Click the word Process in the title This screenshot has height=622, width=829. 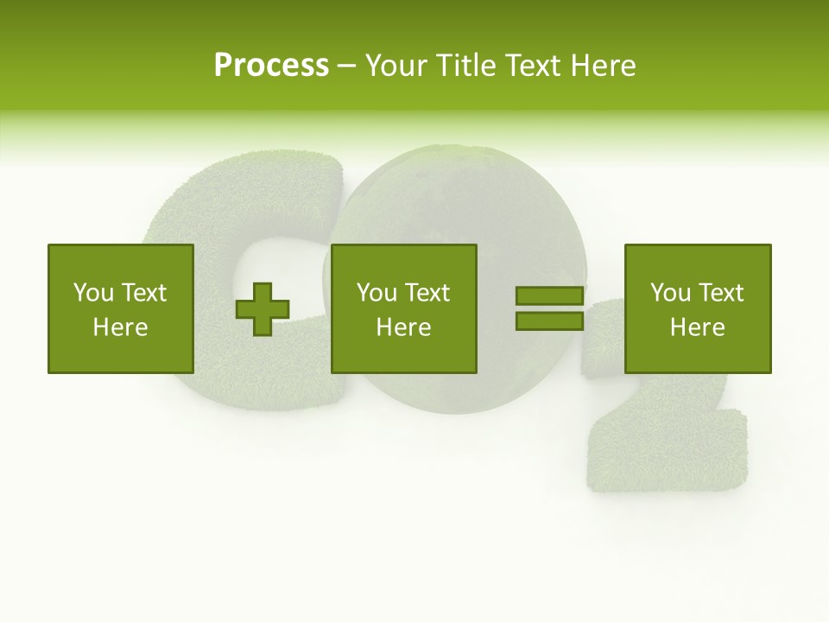tap(271, 65)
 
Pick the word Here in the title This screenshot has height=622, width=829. tap(604, 65)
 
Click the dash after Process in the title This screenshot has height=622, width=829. tap(347, 67)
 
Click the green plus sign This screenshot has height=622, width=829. tap(263, 309)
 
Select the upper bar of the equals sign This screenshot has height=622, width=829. tap(549, 296)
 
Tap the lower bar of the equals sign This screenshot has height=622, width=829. tap(549, 321)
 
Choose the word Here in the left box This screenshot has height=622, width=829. tap(120, 327)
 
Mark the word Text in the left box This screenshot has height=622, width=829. tap(143, 293)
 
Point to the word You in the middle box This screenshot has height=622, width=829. tap(377, 293)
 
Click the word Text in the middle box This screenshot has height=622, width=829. tap(427, 293)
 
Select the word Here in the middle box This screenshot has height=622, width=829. tap(403, 327)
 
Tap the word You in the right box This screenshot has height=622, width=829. tap(670, 293)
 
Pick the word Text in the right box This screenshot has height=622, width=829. tap(720, 293)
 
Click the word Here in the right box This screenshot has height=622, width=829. tap(697, 327)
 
